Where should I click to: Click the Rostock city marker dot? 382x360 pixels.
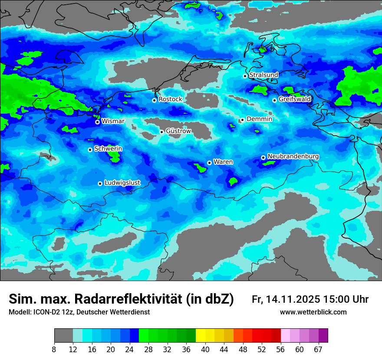[x=154, y=100]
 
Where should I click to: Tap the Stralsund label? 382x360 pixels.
[x=263, y=75]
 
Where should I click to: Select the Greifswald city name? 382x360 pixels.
[x=294, y=99]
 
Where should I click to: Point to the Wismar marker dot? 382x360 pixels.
[x=98, y=122]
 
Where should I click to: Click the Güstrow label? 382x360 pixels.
[x=178, y=131]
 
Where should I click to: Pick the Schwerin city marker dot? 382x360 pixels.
[x=90, y=150]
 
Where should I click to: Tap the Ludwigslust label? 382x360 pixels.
[x=122, y=183]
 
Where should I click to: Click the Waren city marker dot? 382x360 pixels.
[x=209, y=163]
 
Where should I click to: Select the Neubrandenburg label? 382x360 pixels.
[x=293, y=157]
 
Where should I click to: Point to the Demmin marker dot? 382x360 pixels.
[x=242, y=120]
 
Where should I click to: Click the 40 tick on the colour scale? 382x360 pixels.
[x=205, y=349]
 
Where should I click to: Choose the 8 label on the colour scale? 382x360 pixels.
[x=54, y=349]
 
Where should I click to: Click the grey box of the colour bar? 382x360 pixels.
[x=63, y=336]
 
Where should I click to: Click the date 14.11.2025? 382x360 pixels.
[x=293, y=299]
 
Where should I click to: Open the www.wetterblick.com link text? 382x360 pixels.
[x=313, y=312]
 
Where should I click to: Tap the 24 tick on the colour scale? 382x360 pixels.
[x=130, y=349]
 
